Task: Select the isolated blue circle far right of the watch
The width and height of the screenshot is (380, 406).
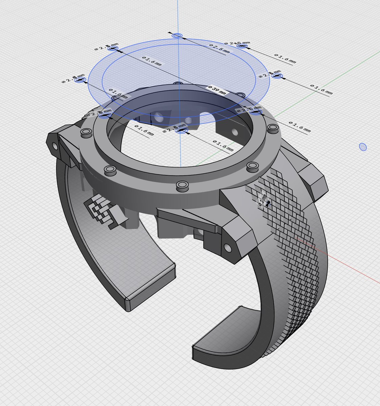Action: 362,147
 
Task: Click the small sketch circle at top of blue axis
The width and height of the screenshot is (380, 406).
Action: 177,36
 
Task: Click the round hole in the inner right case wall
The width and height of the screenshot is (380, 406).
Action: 234,132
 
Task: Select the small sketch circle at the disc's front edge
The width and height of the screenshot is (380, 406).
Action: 182,130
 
